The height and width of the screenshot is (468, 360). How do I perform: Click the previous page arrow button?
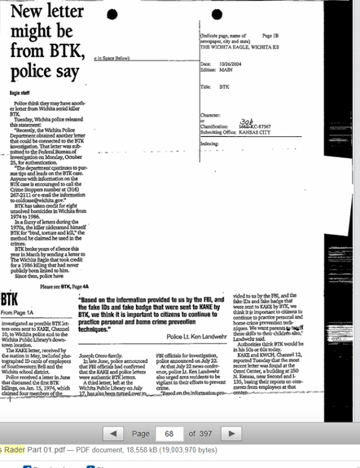coord(113,434)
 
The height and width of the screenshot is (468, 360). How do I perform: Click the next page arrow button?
coord(230,434)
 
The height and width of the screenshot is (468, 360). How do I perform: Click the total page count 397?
coord(204,434)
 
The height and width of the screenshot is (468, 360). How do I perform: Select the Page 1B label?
coord(270,36)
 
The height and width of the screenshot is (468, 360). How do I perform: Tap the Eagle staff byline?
coord(20,93)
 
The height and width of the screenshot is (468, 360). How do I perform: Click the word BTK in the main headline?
coord(55,51)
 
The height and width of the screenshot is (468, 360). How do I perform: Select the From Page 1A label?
coord(17,312)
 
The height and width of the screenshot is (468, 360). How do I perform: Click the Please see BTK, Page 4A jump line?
coord(64,286)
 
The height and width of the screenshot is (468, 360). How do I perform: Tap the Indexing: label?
coord(209,143)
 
